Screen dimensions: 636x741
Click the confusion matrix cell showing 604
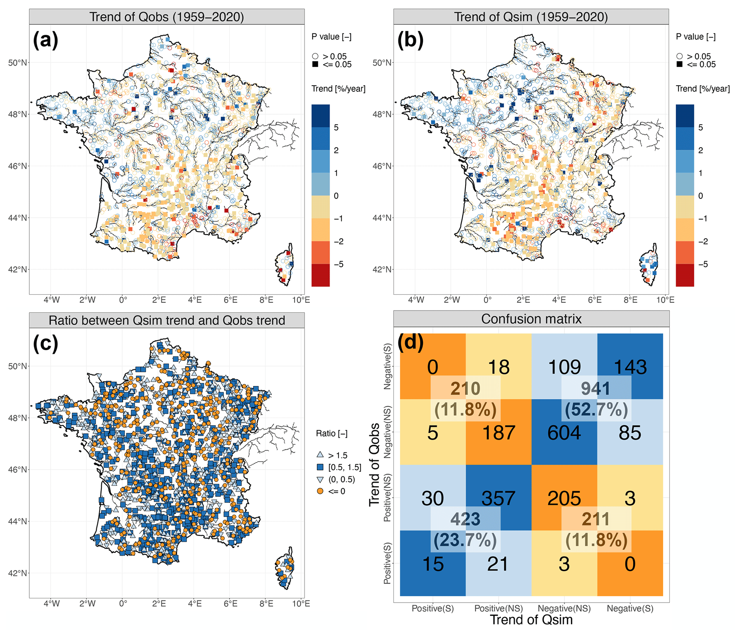pos(564,432)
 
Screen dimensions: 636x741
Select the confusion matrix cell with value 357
pos(498,498)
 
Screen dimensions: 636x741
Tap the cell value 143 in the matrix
pos(630,367)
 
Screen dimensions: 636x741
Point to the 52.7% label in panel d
pos(596,409)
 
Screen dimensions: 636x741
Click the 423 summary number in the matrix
pos(465,519)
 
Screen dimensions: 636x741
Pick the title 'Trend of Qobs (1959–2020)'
pos(167,17)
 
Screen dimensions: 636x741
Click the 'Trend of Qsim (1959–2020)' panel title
pos(531,17)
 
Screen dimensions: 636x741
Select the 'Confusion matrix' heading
pos(531,319)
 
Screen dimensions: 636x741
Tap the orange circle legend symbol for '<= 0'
pos(320,491)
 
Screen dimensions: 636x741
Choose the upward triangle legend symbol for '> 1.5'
pos(320,455)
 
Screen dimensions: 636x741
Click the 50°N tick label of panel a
pos(18,63)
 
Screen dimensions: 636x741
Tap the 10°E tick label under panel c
pos(301,603)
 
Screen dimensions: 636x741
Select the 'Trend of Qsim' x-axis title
pos(531,620)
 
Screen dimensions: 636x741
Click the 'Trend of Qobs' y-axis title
pos(374,465)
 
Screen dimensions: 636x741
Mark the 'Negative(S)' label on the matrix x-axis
pos(630,608)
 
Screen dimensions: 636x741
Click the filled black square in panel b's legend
pos(679,65)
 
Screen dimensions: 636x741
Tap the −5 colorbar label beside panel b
pos(703,264)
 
